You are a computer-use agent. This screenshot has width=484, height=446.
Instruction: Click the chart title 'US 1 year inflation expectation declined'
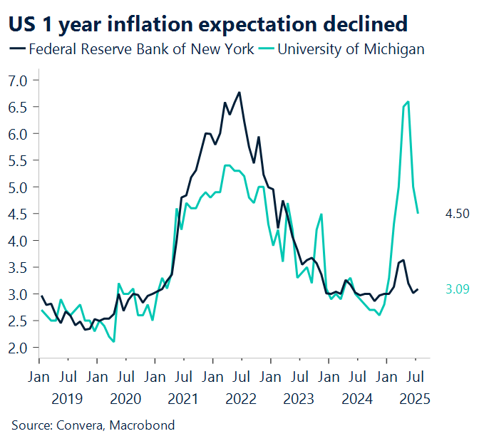(207, 24)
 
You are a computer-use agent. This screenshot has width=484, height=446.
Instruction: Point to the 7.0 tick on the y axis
(18, 80)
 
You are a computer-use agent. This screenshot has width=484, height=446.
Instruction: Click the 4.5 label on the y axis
(18, 214)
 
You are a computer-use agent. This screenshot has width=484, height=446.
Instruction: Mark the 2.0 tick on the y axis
(18, 348)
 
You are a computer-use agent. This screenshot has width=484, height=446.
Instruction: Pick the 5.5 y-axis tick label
(18, 160)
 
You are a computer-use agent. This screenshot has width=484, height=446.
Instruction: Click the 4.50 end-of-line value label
(456, 214)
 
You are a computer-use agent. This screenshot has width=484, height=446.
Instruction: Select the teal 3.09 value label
(456, 289)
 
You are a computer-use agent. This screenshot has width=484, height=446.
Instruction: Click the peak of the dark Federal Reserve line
(240, 92)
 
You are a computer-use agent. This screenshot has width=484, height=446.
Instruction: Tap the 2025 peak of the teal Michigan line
(408, 102)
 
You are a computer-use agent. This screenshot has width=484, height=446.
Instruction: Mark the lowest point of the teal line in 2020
(113, 341)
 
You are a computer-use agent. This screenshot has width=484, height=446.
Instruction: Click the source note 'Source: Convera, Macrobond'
(93, 426)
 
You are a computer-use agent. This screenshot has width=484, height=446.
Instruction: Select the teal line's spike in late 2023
(322, 214)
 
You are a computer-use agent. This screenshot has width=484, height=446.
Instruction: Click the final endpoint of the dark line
(418, 289)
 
